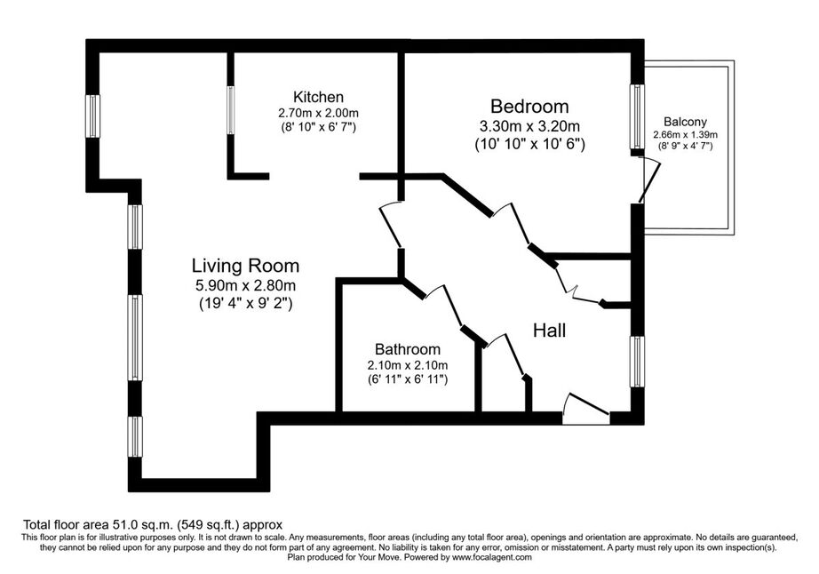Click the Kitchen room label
click(x=318, y=97)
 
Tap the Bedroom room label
click(x=529, y=107)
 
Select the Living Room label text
click(x=245, y=266)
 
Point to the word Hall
click(x=550, y=330)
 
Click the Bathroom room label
click(x=408, y=349)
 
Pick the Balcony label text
click(x=685, y=122)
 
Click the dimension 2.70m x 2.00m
click(x=318, y=113)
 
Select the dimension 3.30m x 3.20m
click(x=529, y=126)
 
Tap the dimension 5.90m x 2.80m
click(x=245, y=285)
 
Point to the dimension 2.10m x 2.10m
click(x=408, y=365)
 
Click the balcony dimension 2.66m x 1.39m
click(x=685, y=135)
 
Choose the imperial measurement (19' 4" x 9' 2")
click(x=245, y=303)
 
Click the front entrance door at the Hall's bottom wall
click(x=586, y=409)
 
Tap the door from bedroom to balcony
click(x=649, y=180)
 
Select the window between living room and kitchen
click(x=230, y=109)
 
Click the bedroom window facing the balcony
click(x=637, y=116)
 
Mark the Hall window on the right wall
click(x=637, y=361)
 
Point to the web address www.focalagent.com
click(x=492, y=557)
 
